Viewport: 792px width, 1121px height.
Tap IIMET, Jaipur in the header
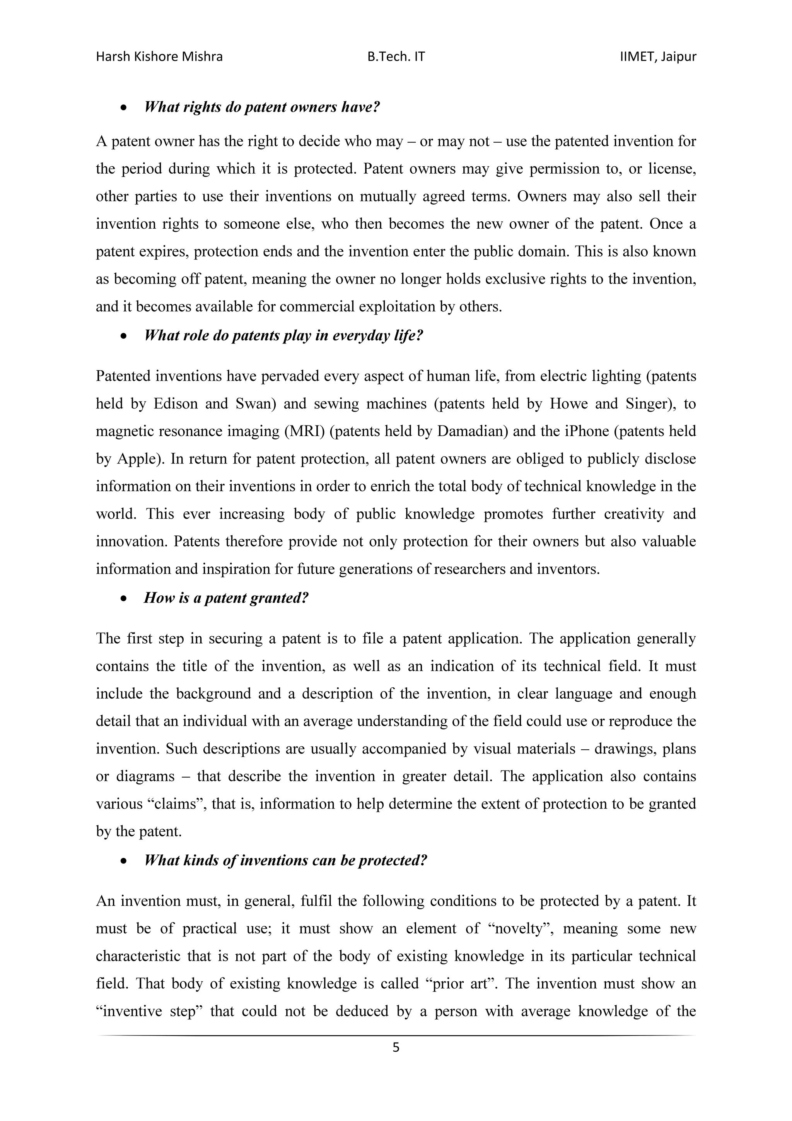658,56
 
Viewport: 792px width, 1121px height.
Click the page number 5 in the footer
396,1047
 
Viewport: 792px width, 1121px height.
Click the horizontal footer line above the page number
396,1035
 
